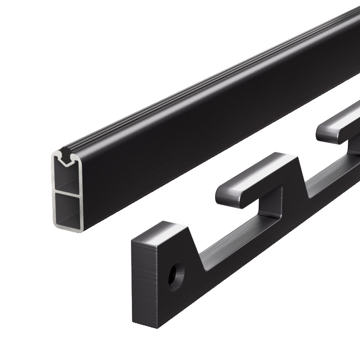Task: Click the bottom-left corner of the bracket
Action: tap(134, 321)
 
